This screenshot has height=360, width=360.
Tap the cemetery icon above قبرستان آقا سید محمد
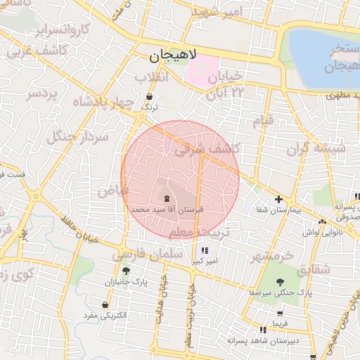pos(167,199)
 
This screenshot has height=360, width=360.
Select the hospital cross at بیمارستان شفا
pos(279,200)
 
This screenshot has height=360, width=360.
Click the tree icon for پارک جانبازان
pos(126,271)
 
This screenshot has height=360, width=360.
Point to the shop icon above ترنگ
pos(149,97)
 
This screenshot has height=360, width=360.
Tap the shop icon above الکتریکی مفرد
pos(105,305)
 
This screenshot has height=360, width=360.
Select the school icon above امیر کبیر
pos(204,251)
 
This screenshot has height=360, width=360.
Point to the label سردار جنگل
pos(78,136)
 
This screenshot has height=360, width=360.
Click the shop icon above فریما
pos(281,314)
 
